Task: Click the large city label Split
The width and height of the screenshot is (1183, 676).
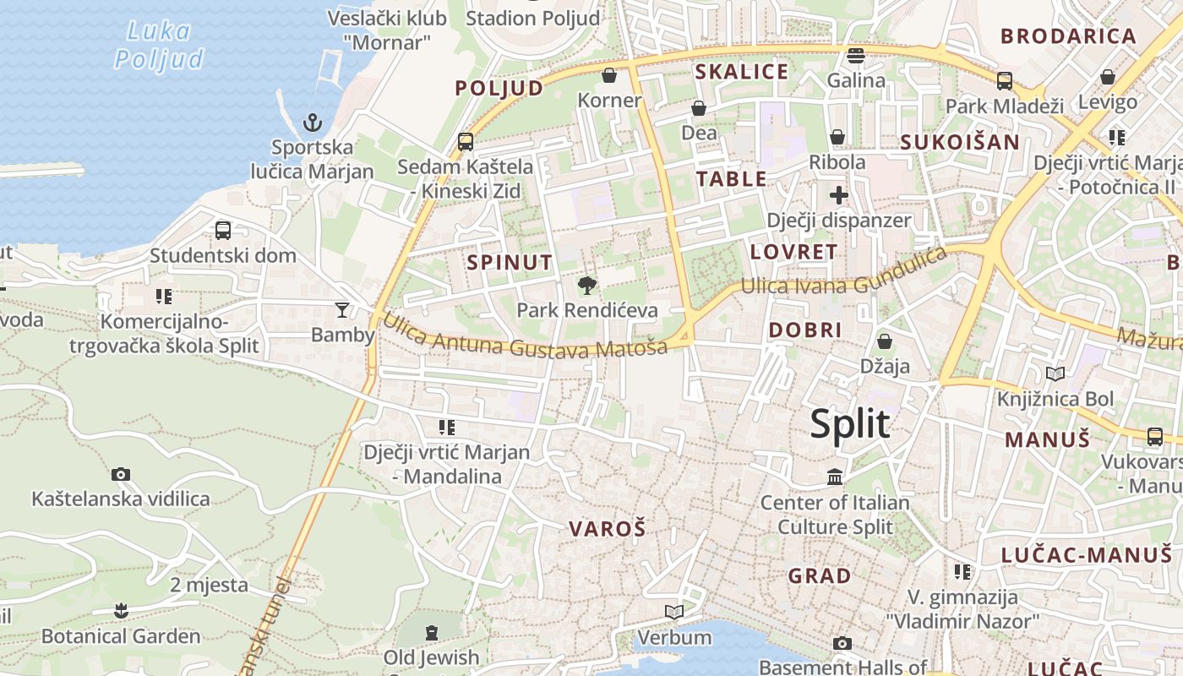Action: pyautogui.click(x=849, y=423)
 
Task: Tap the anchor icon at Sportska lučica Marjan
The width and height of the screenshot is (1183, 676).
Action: pyautogui.click(x=313, y=123)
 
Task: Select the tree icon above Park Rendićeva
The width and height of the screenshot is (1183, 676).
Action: pyautogui.click(x=587, y=286)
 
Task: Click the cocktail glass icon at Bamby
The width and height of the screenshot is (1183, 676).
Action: pyautogui.click(x=342, y=309)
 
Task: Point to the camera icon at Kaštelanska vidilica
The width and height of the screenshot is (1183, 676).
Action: pyautogui.click(x=121, y=474)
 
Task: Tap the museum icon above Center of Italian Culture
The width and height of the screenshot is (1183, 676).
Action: pyautogui.click(x=835, y=477)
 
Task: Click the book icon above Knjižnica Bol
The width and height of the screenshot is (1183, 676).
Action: pyautogui.click(x=1055, y=373)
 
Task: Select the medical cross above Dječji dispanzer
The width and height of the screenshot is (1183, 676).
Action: pyautogui.click(x=838, y=196)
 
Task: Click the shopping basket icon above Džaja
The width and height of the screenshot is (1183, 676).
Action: pyautogui.click(x=885, y=341)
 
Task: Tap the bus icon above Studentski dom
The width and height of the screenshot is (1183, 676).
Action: pyautogui.click(x=223, y=230)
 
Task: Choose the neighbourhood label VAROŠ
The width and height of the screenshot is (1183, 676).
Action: pyautogui.click(x=607, y=529)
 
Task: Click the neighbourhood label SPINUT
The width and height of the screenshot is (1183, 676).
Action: pyautogui.click(x=510, y=262)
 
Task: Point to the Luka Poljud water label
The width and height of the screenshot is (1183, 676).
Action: pyautogui.click(x=159, y=46)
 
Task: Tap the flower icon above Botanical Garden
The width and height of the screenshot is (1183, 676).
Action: pyautogui.click(x=121, y=610)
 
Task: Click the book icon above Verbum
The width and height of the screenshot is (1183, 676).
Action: pyautogui.click(x=673, y=612)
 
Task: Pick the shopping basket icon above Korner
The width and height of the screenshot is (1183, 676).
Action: pyautogui.click(x=608, y=76)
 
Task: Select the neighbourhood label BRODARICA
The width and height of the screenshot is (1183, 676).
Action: pyautogui.click(x=1068, y=35)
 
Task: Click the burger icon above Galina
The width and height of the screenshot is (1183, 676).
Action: pyautogui.click(x=856, y=56)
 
